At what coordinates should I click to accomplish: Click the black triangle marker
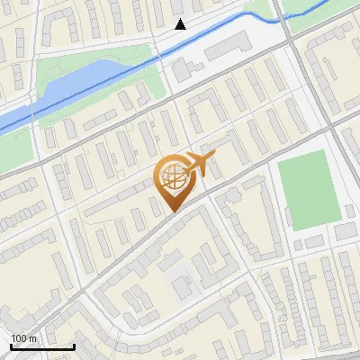click(181, 24)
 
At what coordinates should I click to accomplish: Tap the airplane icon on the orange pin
click(200, 164)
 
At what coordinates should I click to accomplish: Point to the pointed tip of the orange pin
click(171, 212)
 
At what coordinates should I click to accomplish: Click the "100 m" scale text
click(24, 338)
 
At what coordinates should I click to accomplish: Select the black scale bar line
click(42, 346)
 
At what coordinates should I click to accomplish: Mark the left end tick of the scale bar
click(12, 345)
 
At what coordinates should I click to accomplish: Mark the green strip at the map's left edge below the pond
click(16, 153)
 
